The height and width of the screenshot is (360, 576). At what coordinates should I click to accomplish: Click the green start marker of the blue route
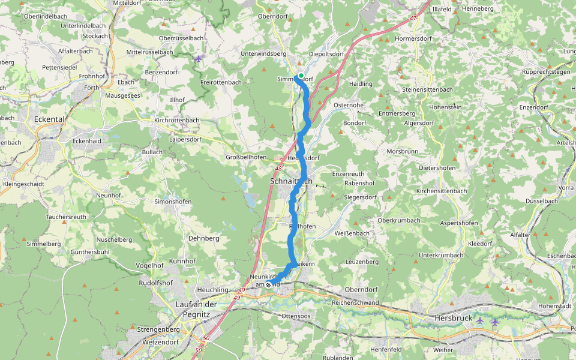(301, 76)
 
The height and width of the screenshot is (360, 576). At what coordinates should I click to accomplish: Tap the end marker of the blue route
(268, 284)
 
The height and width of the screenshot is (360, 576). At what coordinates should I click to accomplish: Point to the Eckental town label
(49, 119)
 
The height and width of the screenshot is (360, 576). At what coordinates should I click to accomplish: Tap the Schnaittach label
(291, 181)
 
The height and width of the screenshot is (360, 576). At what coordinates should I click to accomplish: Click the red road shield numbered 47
(413, 19)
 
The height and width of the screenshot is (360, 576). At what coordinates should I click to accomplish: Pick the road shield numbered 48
(279, 169)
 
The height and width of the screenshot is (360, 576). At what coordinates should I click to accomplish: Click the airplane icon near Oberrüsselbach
(199, 58)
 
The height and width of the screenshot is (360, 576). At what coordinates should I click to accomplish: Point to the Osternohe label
(349, 105)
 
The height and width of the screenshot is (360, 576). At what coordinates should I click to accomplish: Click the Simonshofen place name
(173, 202)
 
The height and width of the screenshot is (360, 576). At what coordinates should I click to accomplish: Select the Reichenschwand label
(355, 302)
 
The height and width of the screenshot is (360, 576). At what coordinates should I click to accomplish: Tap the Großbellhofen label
(246, 157)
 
